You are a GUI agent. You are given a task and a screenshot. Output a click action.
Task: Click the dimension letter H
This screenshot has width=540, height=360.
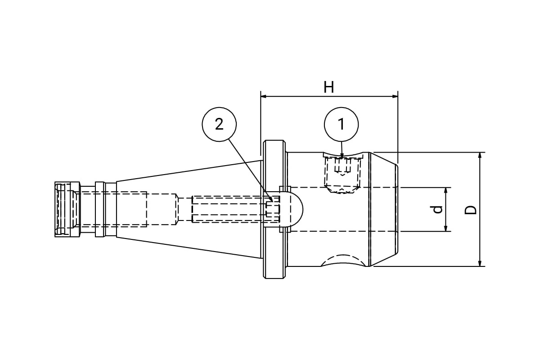click(329, 87)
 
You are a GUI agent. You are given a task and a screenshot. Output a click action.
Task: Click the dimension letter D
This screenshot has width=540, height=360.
click(471, 210)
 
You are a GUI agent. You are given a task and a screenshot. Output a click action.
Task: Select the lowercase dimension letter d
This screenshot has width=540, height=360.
click(437, 210)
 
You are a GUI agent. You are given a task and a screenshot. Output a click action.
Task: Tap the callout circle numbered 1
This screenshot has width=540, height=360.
click(341, 124)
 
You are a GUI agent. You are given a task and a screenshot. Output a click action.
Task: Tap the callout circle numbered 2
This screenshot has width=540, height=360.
click(219, 124)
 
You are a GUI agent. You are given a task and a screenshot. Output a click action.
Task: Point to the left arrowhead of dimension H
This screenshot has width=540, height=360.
click(264, 96)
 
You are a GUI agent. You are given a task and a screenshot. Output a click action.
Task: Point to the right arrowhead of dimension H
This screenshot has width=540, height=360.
click(395, 96)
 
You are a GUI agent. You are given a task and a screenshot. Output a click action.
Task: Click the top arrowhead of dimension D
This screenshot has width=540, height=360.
click(480, 156)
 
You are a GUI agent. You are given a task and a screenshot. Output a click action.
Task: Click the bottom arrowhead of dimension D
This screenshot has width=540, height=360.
click(480, 263)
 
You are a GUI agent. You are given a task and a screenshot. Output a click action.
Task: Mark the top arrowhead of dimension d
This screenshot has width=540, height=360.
click(446, 190)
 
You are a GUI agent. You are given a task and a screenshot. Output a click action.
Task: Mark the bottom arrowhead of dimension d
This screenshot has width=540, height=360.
click(446, 228)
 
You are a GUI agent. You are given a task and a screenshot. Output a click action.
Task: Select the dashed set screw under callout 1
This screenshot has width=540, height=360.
click(342, 175)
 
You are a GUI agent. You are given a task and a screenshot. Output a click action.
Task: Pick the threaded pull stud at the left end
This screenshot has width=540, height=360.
click(67, 209)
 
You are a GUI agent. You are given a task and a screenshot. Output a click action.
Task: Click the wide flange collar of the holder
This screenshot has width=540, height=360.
click(274, 209)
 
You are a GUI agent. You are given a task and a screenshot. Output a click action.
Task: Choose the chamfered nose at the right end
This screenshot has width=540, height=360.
click(383, 209)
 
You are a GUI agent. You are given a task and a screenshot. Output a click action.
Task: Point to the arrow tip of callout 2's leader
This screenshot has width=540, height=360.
click(272, 201)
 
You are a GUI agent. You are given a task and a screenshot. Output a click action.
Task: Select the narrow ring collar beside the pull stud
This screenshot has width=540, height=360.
click(100, 209)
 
